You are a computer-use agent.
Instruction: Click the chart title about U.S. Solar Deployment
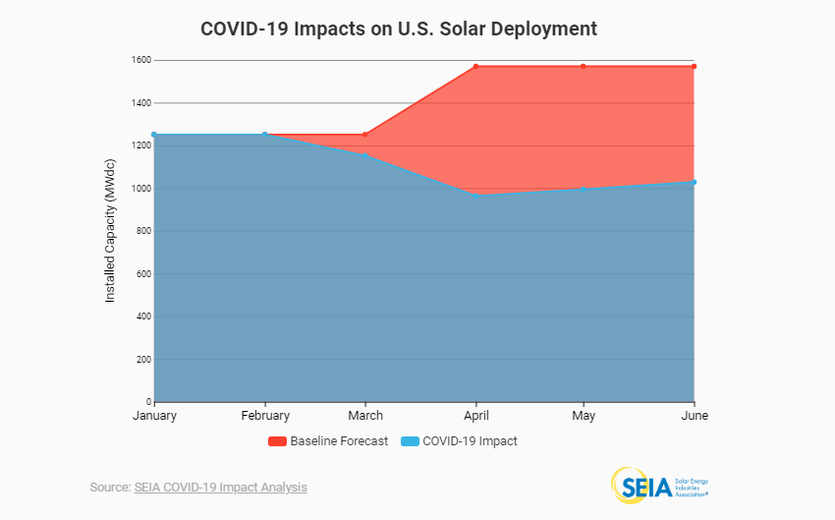[398, 29]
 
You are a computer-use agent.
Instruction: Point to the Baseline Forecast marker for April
[475, 67]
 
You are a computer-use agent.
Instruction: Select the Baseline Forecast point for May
[584, 67]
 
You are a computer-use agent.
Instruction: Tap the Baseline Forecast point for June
[694, 67]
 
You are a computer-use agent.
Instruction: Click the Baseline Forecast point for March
[365, 135]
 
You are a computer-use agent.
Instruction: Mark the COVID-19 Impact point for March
[365, 155]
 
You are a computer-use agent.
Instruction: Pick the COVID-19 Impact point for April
[475, 195]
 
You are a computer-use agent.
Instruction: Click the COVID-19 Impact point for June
[694, 182]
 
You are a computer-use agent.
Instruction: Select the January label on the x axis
[154, 416]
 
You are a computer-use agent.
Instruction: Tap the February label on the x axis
[265, 416]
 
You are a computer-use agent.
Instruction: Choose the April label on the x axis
[475, 416]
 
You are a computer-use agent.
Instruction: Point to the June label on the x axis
[694, 416]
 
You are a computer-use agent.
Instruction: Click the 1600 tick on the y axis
[140, 60]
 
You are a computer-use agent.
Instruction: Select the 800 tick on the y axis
[142, 231]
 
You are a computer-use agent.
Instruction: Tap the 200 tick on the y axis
[142, 360]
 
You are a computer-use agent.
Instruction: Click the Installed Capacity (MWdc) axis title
[110, 232]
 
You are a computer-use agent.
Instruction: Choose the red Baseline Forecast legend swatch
[277, 441]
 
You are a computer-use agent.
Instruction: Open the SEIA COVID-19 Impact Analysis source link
[220, 488]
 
